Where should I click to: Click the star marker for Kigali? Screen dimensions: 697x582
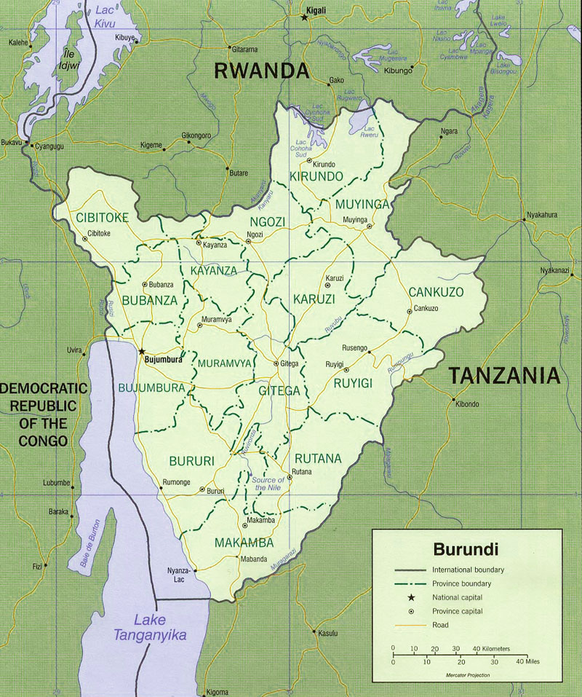(x=305, y=17)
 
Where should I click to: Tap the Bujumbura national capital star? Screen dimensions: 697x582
(x=141, y=351)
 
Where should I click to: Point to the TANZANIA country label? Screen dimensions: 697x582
(x=504, y=376)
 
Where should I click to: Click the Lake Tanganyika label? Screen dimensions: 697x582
(x=149, y=627)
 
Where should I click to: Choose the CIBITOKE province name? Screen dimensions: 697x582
(x=102, y=217)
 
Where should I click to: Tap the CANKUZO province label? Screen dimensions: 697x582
(x=436, y=292)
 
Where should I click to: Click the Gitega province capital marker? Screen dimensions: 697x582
(x=276, y=363)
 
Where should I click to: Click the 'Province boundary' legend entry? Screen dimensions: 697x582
(x=461, y=583)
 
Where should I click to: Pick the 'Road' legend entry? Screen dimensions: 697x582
(x=440, y=625)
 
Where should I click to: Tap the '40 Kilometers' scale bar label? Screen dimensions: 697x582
(x=490, y=648)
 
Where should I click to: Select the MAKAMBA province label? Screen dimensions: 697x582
(x=244, y=543)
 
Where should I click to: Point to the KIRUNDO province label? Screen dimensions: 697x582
(x=316, y=177)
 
